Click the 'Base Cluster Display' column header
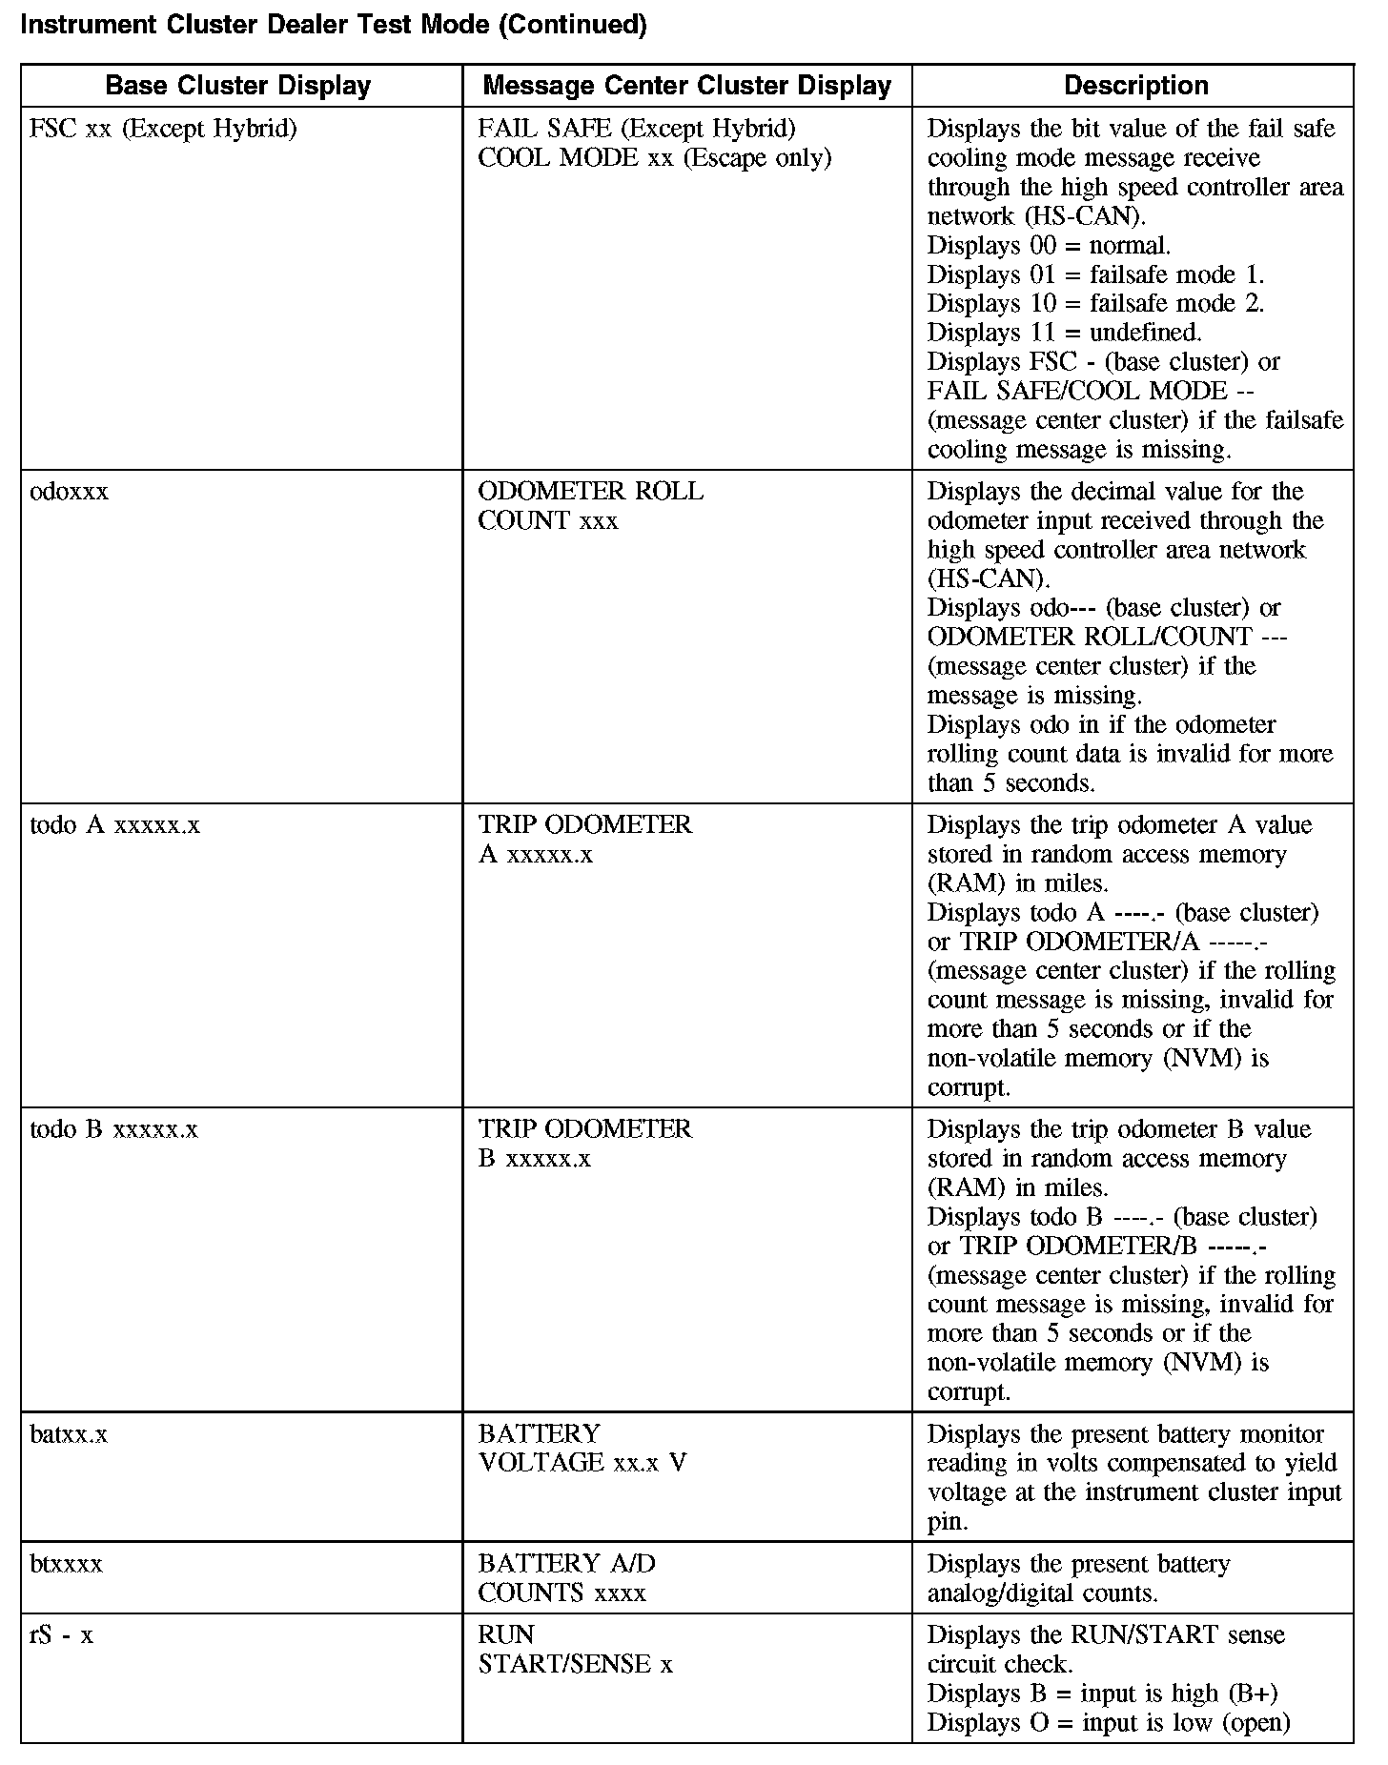pyautogui.click(x=238, y=86)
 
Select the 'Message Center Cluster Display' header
pyautogui.click(x=686, y=86)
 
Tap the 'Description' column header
pyautogui.click(x=1135, y=86)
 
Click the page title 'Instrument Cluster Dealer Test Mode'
pyautogui.click(x=333, y=26)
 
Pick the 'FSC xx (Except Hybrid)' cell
pyautogui.click(x=163, y=129)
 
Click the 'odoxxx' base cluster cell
pyautogui.click(x=70, y=492)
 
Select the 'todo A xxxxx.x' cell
pyautogui.click(x=115, y=825)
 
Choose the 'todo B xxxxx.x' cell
pyautogui.click(x=114, y=1129)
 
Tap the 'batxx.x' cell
pyautogui.click(x=69, y=1434)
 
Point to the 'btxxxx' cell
pyautogui.click(x=66, y=1564)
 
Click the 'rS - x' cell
pyautogui.click(x=62, y=1635)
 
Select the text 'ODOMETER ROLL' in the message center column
pyautogui.click(x=591, y=492)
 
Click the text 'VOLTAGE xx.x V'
pyautogui.click(x=582, y=1463)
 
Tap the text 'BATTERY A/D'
pyautogui.click(x=567, y=1564)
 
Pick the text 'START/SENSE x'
pyautogui.click(x=576, y=1664)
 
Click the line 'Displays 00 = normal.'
pyautogui.click(x=1049, y=246)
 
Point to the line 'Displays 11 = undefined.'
pyautogui.click(x=1064, y=333)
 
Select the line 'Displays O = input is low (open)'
pyautogui.click(x=1109, y=1722)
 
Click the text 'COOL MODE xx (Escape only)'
pyautogui.click(x=655, y=158)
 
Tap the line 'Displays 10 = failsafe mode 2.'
pyautogui.click(x=1095, y=304)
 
